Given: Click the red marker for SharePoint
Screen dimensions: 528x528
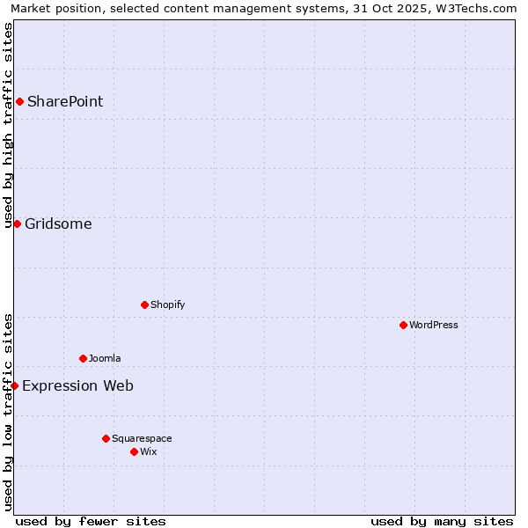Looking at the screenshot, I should pos(19,102).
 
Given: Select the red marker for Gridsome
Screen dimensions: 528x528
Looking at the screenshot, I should pos(17,224).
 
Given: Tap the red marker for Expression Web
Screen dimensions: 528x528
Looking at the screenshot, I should pos(14,385).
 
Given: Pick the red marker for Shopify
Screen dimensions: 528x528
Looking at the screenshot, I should pos(144,304).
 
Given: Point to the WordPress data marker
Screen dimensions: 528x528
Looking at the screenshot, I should pos(403,325).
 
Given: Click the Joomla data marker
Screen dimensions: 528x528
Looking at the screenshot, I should pos(83,358).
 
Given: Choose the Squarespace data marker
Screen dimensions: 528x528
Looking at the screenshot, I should pos(106,438).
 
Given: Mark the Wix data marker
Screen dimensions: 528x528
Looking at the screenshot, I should pos(134,451).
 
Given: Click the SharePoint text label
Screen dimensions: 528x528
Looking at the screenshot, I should pos(65,102).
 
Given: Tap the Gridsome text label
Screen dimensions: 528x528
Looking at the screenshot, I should pos(58,224).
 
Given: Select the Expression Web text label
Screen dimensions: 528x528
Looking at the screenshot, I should pos(77,385).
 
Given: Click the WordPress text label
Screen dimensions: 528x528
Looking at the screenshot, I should pos(434,325).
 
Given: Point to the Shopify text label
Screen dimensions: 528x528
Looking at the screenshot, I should pos(167,304).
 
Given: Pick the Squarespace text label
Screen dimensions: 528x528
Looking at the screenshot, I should pos(142,438).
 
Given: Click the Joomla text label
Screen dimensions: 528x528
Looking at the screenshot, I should pos(105,358).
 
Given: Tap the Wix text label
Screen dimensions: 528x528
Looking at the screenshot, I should pos(148,451).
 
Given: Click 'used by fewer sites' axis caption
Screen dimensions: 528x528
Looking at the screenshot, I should pos(91,521).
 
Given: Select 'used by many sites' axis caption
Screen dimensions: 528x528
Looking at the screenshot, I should pos(442,521).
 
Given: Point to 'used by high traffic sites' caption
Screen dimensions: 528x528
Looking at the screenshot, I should pos(8,125).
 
